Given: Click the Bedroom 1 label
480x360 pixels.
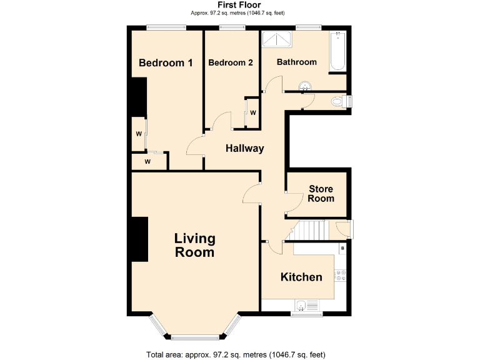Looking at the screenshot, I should point(166,63).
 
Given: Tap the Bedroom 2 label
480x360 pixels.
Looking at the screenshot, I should point(231,63).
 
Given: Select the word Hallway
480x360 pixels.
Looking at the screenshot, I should point(245,149).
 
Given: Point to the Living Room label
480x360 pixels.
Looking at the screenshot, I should point(194,245).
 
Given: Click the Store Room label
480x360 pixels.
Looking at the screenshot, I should point(321,194).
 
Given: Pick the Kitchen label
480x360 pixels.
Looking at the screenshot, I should point(301,277).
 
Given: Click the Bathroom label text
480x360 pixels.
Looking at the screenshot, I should point(297,62).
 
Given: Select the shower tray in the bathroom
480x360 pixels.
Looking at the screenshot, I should point(277,39).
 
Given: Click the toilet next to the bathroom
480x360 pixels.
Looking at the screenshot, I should point(339,101).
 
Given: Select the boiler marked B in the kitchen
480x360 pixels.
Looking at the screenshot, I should point(342,249).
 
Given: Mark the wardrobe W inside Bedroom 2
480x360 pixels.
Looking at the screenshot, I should point(253,112).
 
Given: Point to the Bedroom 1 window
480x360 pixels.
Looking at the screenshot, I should point(166,27).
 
